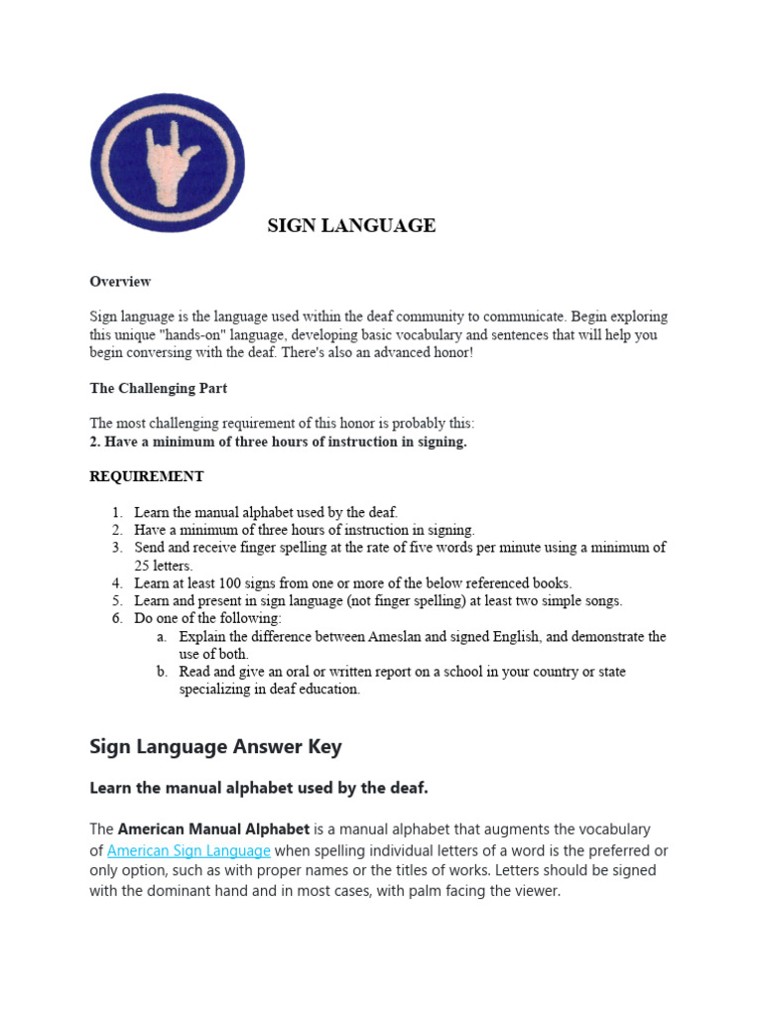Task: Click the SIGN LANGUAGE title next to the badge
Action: click(x=351, y=226)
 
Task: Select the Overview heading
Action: click(x=120, y=282)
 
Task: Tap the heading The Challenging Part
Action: click(x=159, y=388)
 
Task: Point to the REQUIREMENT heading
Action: click(x=146, y=476)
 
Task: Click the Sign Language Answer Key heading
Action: click(x=215, y=746)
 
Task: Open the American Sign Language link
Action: click(x=189, y=850)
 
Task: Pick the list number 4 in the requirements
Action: click(x=116, y=583)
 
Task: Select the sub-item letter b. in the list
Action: click(x=161, y=672)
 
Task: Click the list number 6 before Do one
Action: click(x=116, y=619)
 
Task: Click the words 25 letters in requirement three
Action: click(x=163, y=566)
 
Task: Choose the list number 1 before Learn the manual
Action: click(x=116, y=512)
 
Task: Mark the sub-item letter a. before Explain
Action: click(x=161, y=637)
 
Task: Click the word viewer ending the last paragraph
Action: click(x=536, y=891)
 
